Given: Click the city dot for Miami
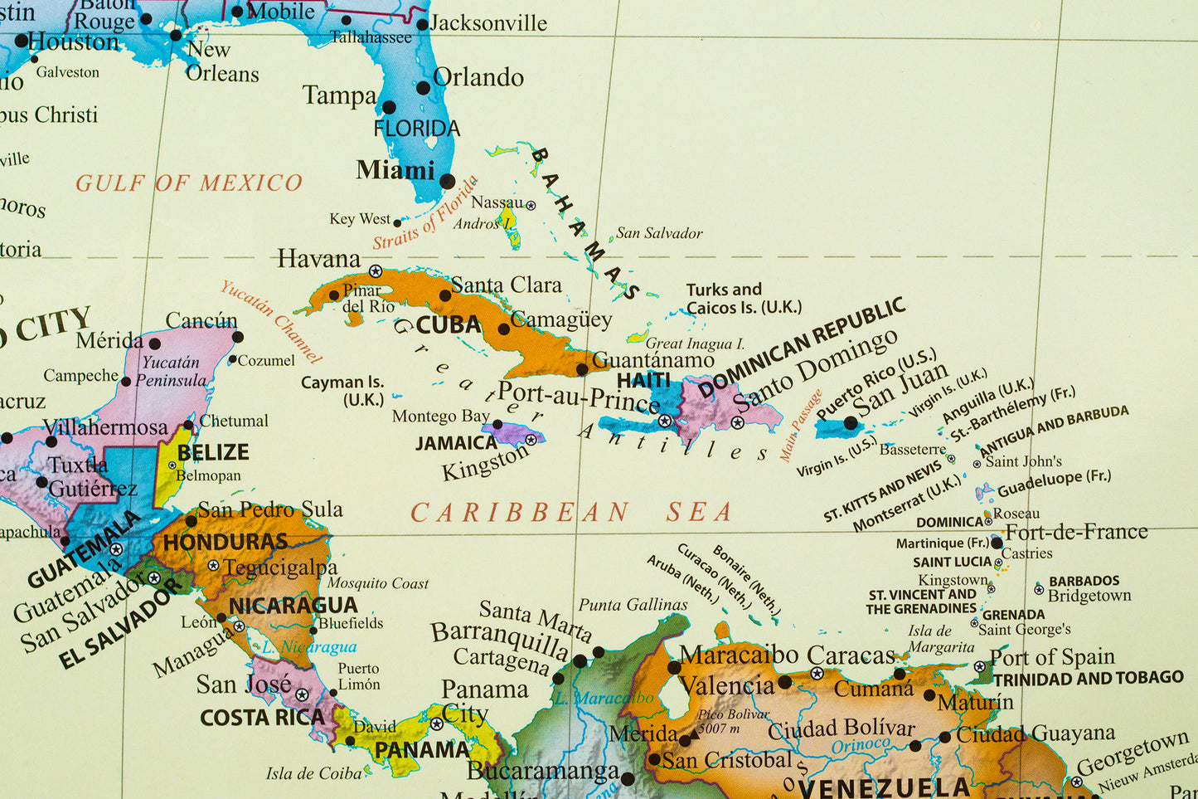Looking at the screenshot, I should tap(447, 181).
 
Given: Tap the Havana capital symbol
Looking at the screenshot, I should tap(376, 271).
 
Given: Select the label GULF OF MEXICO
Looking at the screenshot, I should tap(189, 183).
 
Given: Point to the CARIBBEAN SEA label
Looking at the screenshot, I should tap(571, 513).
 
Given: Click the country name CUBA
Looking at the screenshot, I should tap(449, 324).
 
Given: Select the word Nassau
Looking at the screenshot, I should tap(497, 202).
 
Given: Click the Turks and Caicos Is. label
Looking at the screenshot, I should tap(743, 299).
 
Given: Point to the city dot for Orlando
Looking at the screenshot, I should tap(423, 88).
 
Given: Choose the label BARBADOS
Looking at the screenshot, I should tap(1084, 581).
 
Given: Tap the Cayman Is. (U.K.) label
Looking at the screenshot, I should tap(343, 391).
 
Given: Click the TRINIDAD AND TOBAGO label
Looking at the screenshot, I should tap(1088, 679).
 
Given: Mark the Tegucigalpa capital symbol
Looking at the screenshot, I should tap(213, 565).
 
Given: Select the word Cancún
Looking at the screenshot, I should tap(201, 320).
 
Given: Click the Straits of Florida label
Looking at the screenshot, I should tap(426, 213).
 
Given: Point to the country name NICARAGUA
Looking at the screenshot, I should tap(293, 606).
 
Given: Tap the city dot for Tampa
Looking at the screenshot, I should tap(388, 107).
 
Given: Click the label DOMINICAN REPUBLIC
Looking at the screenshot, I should tap(801, 348).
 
